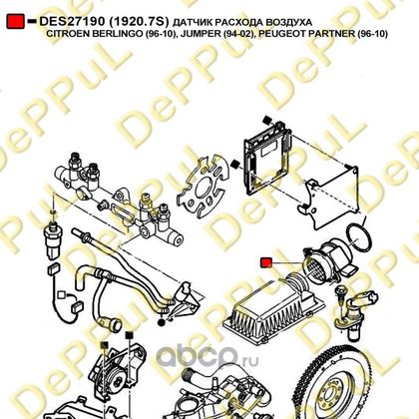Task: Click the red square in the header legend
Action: click(x=15, y=22)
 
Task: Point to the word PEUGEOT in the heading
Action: click(x=277, y=34)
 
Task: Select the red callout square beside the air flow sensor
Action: click(x=266, y=262)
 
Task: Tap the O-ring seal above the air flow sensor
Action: click(x=358, y=237)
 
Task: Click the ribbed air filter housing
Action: click(x=273, y=308)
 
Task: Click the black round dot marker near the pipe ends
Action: click(x=162, y=321)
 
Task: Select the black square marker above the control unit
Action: click(x=266, y=120)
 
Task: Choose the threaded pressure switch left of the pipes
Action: click(x=52, y=239)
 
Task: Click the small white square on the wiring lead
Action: click(x=61, y=294)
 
